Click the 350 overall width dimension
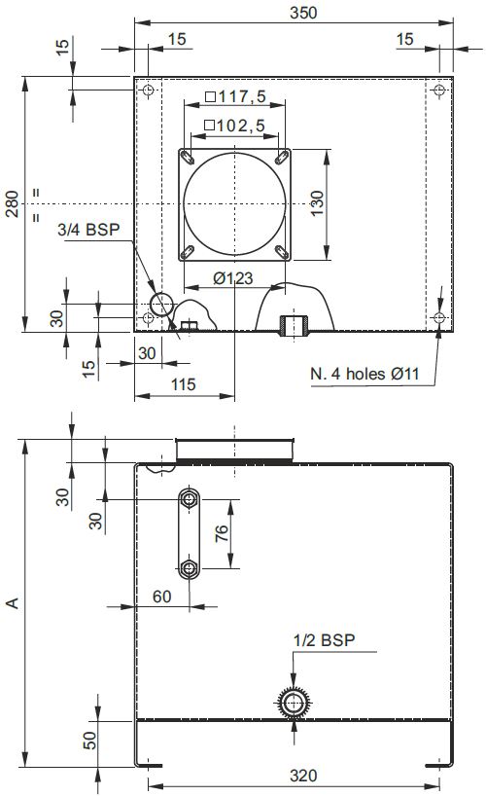coord(303,13)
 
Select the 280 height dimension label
coord(12,204)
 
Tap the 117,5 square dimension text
coord(236,96)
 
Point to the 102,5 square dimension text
coord(235,125)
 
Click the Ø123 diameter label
coord(233,278)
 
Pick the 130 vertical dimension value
coord(317,203)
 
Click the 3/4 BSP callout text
coord(88,230)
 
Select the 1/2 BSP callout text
coord(324,640)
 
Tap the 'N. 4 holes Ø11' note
coord(364,374)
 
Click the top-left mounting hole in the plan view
coord(148,90)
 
